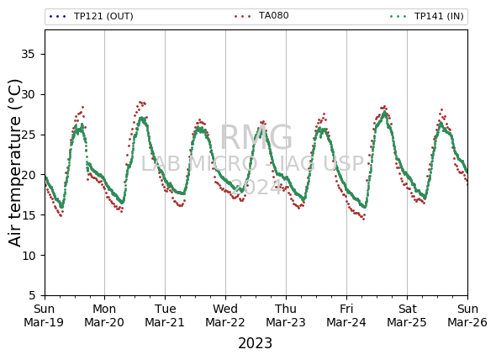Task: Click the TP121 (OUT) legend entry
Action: [92, 16]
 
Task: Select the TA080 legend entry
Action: [261, 15]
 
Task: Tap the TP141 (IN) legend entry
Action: [427, 16]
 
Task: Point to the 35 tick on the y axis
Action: [28, 54]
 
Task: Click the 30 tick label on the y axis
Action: [28, 94]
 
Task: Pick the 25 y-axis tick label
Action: [28, 135]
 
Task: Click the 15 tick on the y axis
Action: [28, 215]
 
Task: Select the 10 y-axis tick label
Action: [28, 255]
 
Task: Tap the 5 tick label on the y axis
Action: [32, 295]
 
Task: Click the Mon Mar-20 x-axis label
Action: [104, 315]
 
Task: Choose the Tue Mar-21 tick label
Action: [165, 315]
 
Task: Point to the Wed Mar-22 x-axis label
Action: [225, 315]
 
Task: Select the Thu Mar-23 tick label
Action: [286, 315]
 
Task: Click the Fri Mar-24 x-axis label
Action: [346, 315]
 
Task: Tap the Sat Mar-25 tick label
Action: [407, 315]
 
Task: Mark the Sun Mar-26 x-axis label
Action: [467, 315]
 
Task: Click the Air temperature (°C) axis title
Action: [14, 162]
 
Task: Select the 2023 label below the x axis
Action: [255, 343]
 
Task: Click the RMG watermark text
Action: [256, 137]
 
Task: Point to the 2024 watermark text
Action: [256, 187]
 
